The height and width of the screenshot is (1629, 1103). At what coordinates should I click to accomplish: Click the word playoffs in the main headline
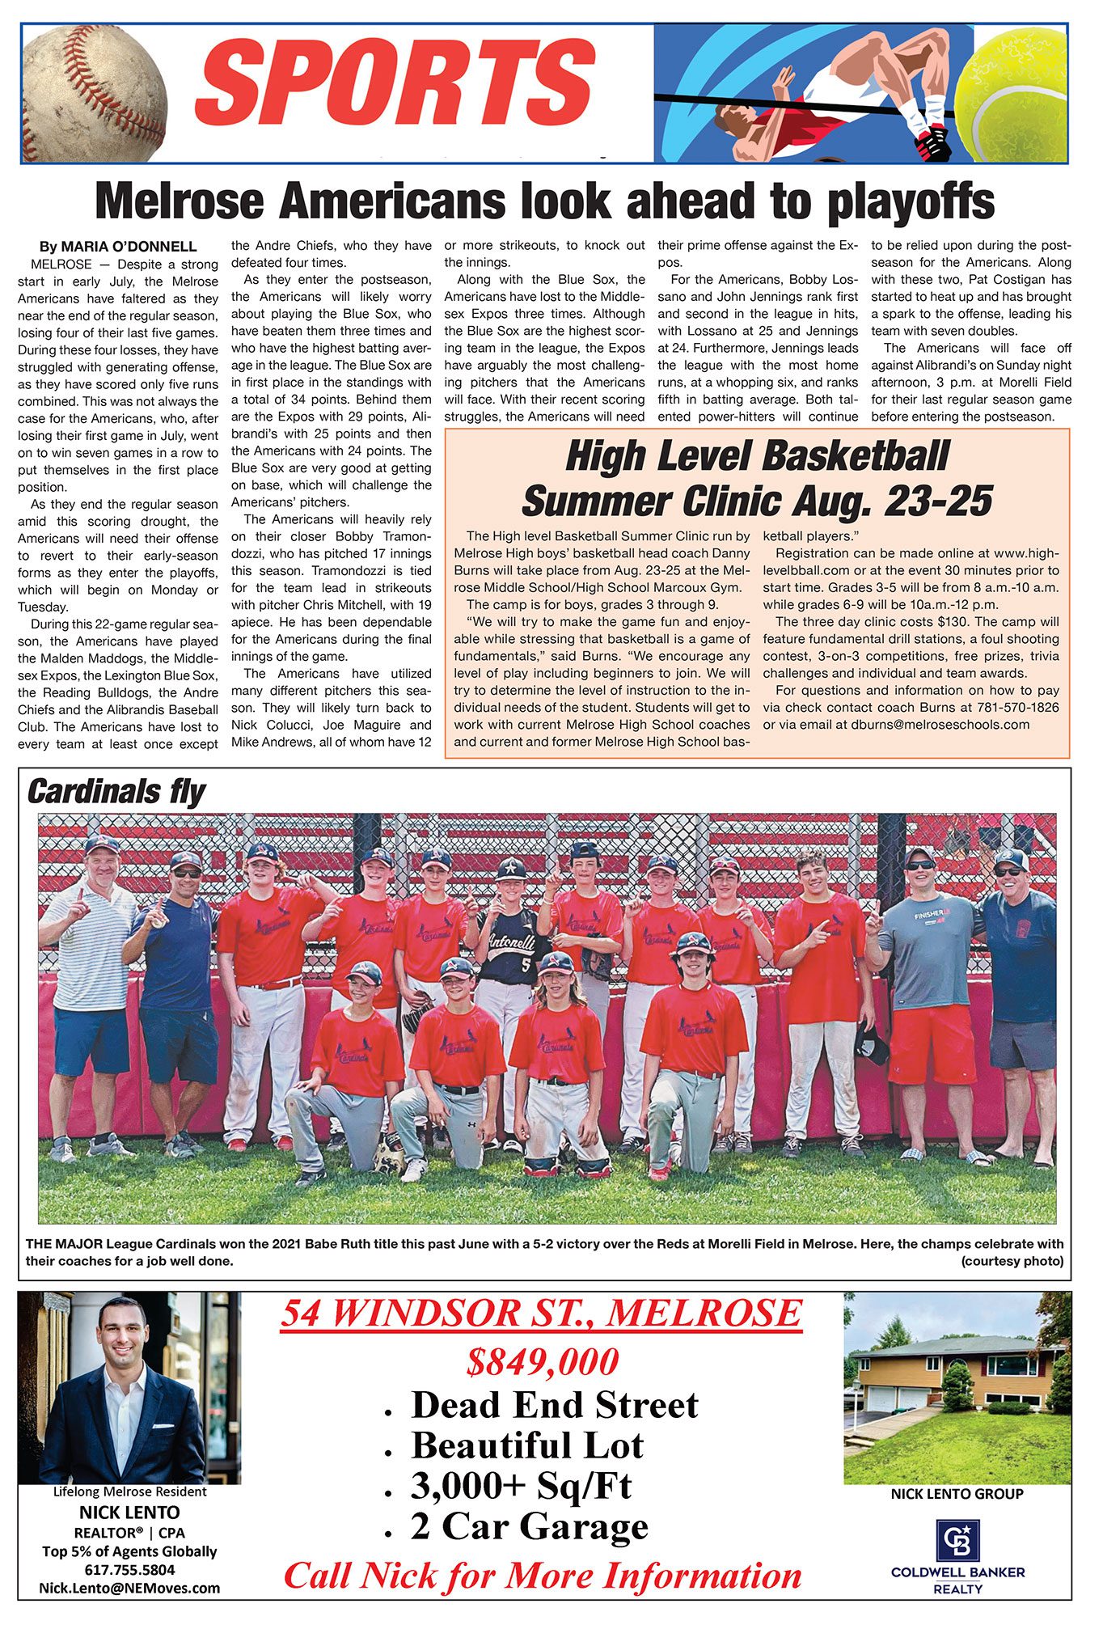click(x=910, y=202)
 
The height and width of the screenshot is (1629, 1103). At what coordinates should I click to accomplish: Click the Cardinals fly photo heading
click(x=116, y=791)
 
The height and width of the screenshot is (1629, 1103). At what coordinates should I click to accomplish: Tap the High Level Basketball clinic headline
click(x=757, y=479)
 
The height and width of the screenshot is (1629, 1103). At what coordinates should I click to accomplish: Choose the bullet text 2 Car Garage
click(x=529, y=1526)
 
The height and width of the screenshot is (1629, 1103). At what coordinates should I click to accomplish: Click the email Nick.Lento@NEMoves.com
click(x=129, y=1588)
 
